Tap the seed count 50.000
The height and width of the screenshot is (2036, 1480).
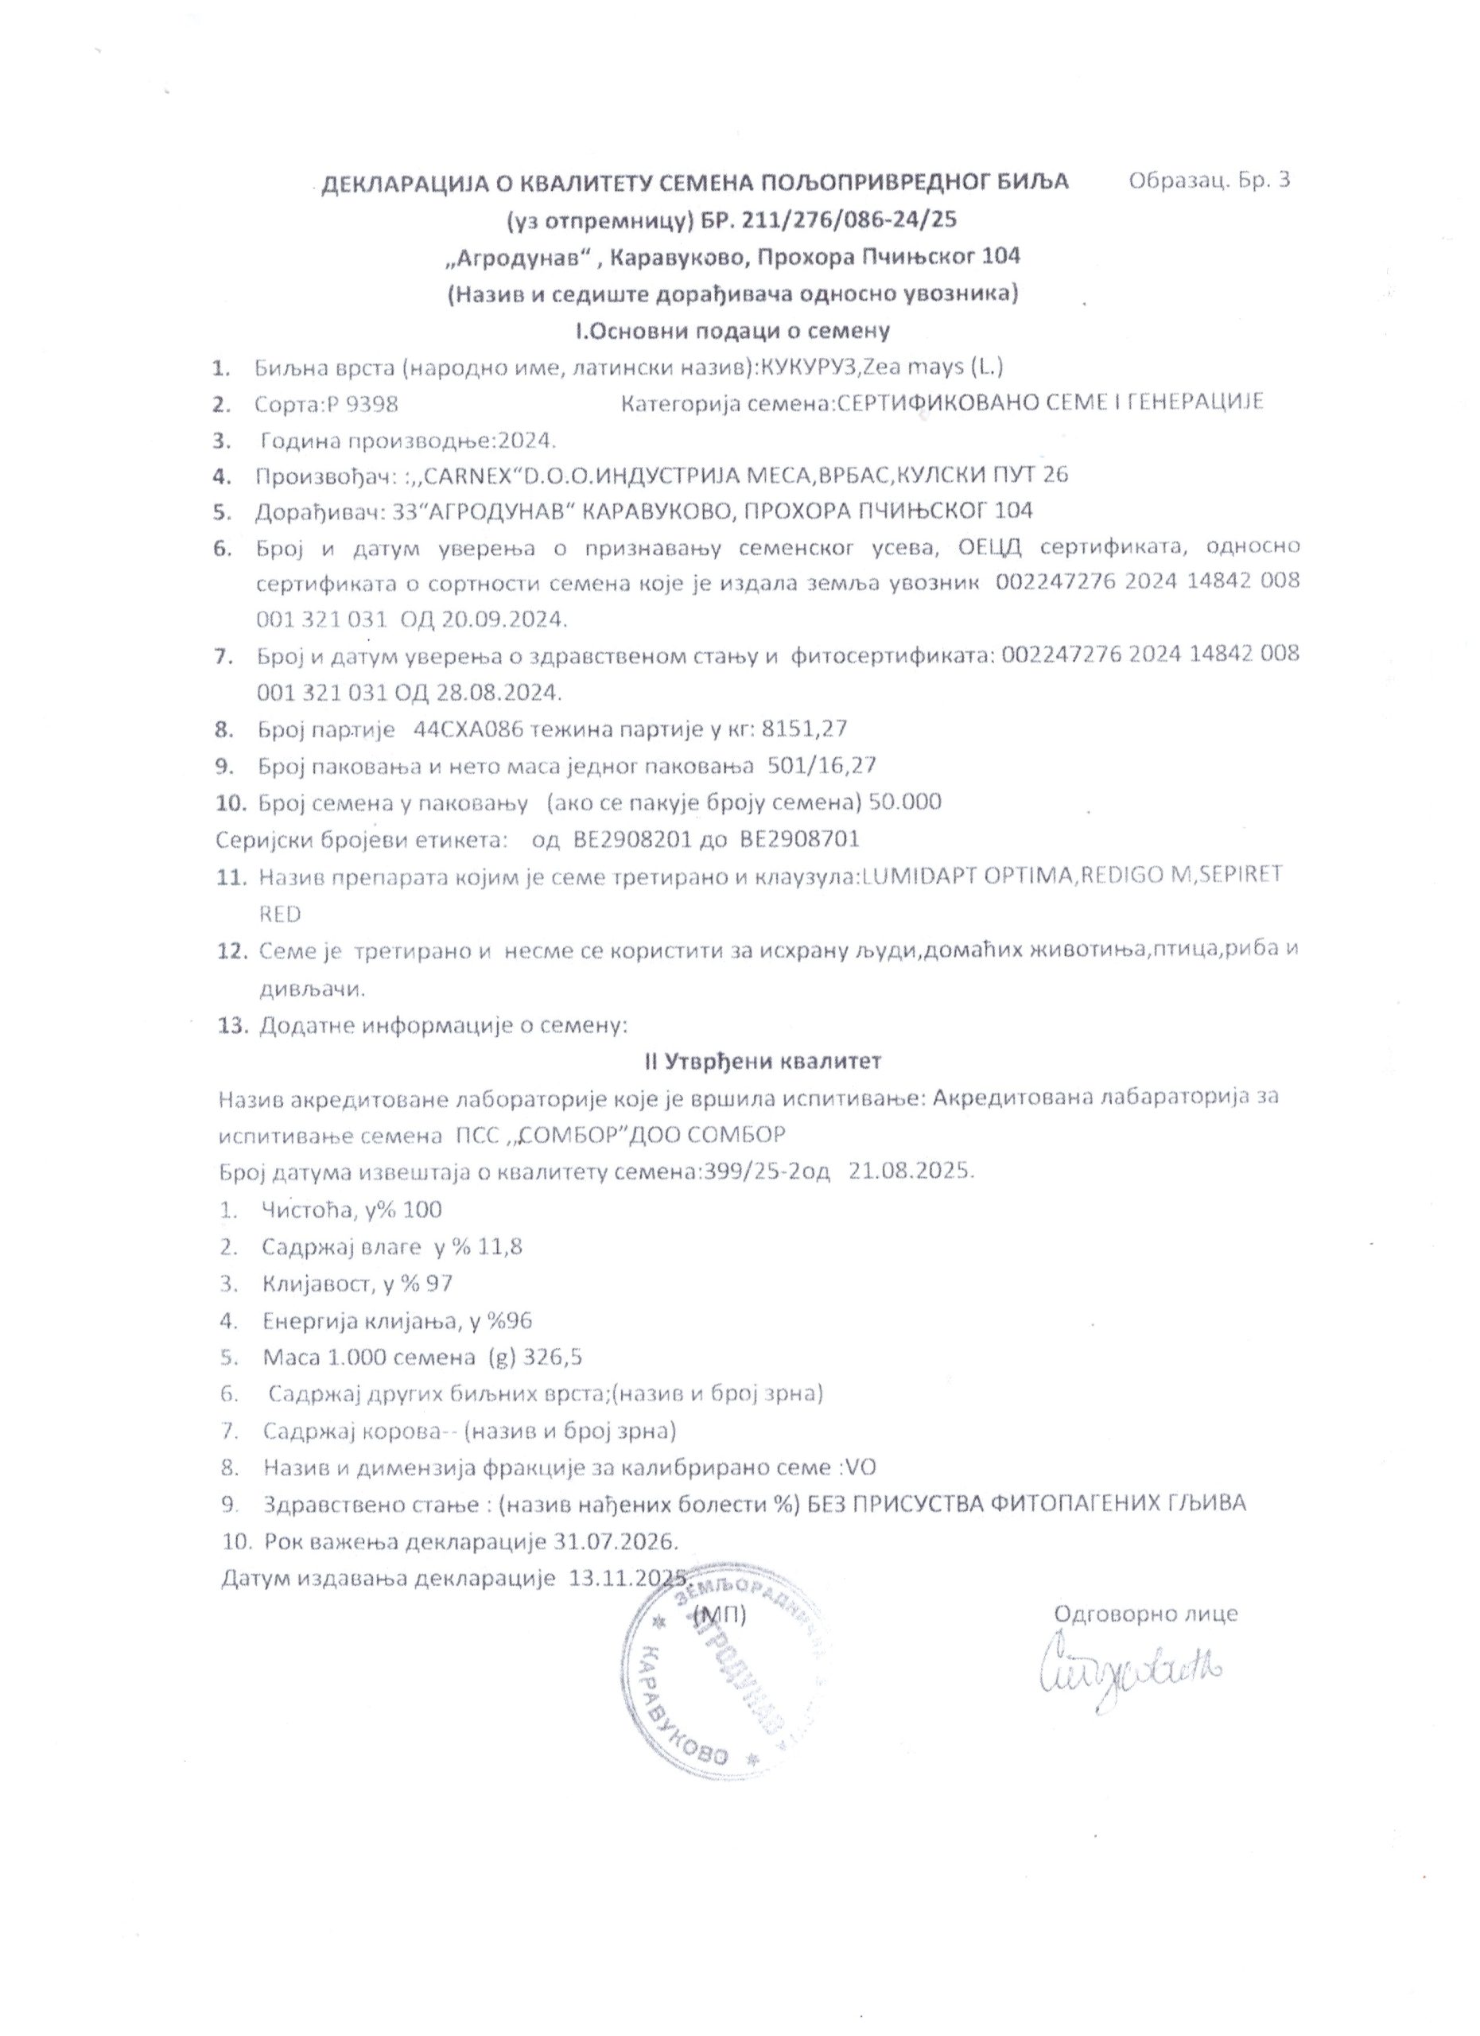click(906, 802)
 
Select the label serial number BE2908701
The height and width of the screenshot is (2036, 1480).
click(800, 839)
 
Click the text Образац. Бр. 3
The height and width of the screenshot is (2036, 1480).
click(1209, 180)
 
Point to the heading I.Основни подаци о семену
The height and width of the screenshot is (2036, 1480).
click(732, 330)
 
